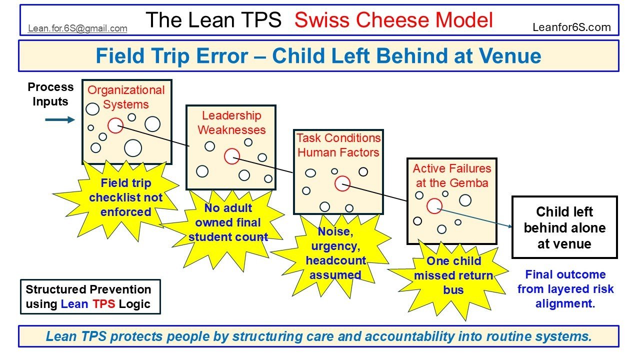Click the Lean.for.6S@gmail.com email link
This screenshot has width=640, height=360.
(x=77, y=28)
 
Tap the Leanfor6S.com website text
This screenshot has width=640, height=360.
(x=572, y=27)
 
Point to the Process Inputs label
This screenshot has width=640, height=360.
(x=50, y=94)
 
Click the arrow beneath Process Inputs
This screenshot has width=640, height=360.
(x=59, y=120)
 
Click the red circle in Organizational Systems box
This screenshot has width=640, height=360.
(x=115, y=125)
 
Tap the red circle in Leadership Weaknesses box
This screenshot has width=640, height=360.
(x=231, y=156)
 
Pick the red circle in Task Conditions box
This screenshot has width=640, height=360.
(x=342, y=183)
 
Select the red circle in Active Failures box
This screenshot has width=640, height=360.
(x=434, y=205)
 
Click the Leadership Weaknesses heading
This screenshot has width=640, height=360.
(x=231, y=122)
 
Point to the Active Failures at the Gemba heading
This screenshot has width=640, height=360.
(x=452, y=175)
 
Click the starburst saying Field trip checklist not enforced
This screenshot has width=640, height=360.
(x=125, y=197)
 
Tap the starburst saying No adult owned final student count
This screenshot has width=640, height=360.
(x=228, y=222)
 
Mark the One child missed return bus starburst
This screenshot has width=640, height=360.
(x=453, y=275)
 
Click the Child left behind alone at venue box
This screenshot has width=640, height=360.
(x=564, y=227)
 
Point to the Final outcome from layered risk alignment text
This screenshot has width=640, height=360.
(x=565, y=289)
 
